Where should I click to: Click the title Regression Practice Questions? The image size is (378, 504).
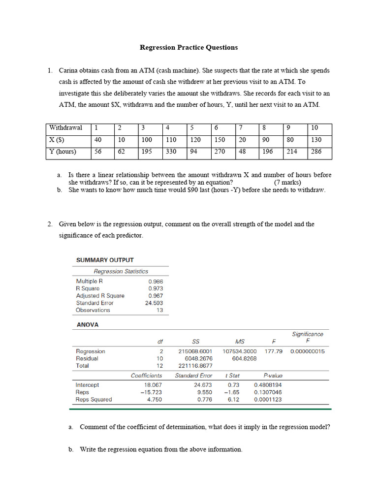pyautogui.click(x=189, y=48)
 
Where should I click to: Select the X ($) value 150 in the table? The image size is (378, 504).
pyautogui.click(x=220, y=140)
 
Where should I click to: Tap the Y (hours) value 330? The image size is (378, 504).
pyautogui.click(x=171, y=152)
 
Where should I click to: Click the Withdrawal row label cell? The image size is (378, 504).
pyautogui.click(x=65, y=128)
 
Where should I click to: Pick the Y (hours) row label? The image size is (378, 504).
pyautogui.click(x=63, y=152)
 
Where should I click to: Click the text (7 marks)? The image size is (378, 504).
pyautogui.click(x=287, y=182)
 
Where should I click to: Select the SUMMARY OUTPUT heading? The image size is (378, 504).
pyautogui.click(x=104, y=260)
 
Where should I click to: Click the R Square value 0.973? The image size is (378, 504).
pyautogui.click(x=156, y=288)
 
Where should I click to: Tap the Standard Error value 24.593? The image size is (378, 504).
pyautogui.click(x=154, y=303)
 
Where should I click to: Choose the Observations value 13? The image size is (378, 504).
pyautogui.click(x=159, y=310)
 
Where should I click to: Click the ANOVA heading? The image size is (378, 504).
pyautogui.click(x=87, y=325)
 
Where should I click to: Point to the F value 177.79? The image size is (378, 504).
pyautogui.click(x=273, y=351)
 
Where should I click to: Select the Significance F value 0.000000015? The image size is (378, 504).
pyautogui.click(x=307, y=351)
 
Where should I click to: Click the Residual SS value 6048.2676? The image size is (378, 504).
pyautogui.click(x=195, y=358)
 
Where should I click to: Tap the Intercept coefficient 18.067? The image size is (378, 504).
pyautogui.click(x=153, y=385)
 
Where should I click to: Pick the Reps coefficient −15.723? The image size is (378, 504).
pyautogui.click(x=151, y=392)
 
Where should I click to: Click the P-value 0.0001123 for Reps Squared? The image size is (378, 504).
pyautogui.click(x=268, y=400)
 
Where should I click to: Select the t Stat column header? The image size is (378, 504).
pyautogui.click(x=232, y=376)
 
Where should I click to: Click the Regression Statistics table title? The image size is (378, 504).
pyautogui.click(x=121, y=271)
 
